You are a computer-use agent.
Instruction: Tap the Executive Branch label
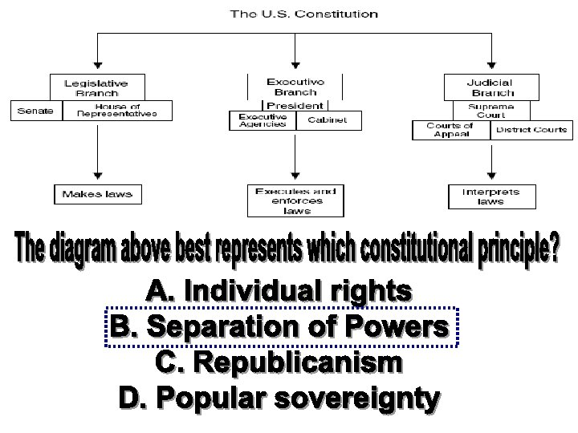click(295, 87)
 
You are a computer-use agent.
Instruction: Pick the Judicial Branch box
click(490, 87)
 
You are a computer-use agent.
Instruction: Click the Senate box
click(35, 111)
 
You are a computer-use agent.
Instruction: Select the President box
click(295, 105)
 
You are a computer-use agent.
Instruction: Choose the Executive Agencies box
click(263, 120)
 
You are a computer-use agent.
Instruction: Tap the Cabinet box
click(328, 120)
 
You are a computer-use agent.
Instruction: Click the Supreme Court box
click(490, 110)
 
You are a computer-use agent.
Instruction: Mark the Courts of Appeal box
click(450, 130)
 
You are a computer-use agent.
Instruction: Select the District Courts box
click(531, 130)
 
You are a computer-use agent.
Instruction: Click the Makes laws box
click(97, 194)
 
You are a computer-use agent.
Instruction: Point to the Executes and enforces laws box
click(295, 200)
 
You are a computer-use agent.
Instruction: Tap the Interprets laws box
click(490, 196)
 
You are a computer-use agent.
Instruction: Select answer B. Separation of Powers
click(279, 328)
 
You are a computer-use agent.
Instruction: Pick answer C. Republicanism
click(279, 363)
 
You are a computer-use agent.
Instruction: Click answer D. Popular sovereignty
click(279, 399)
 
